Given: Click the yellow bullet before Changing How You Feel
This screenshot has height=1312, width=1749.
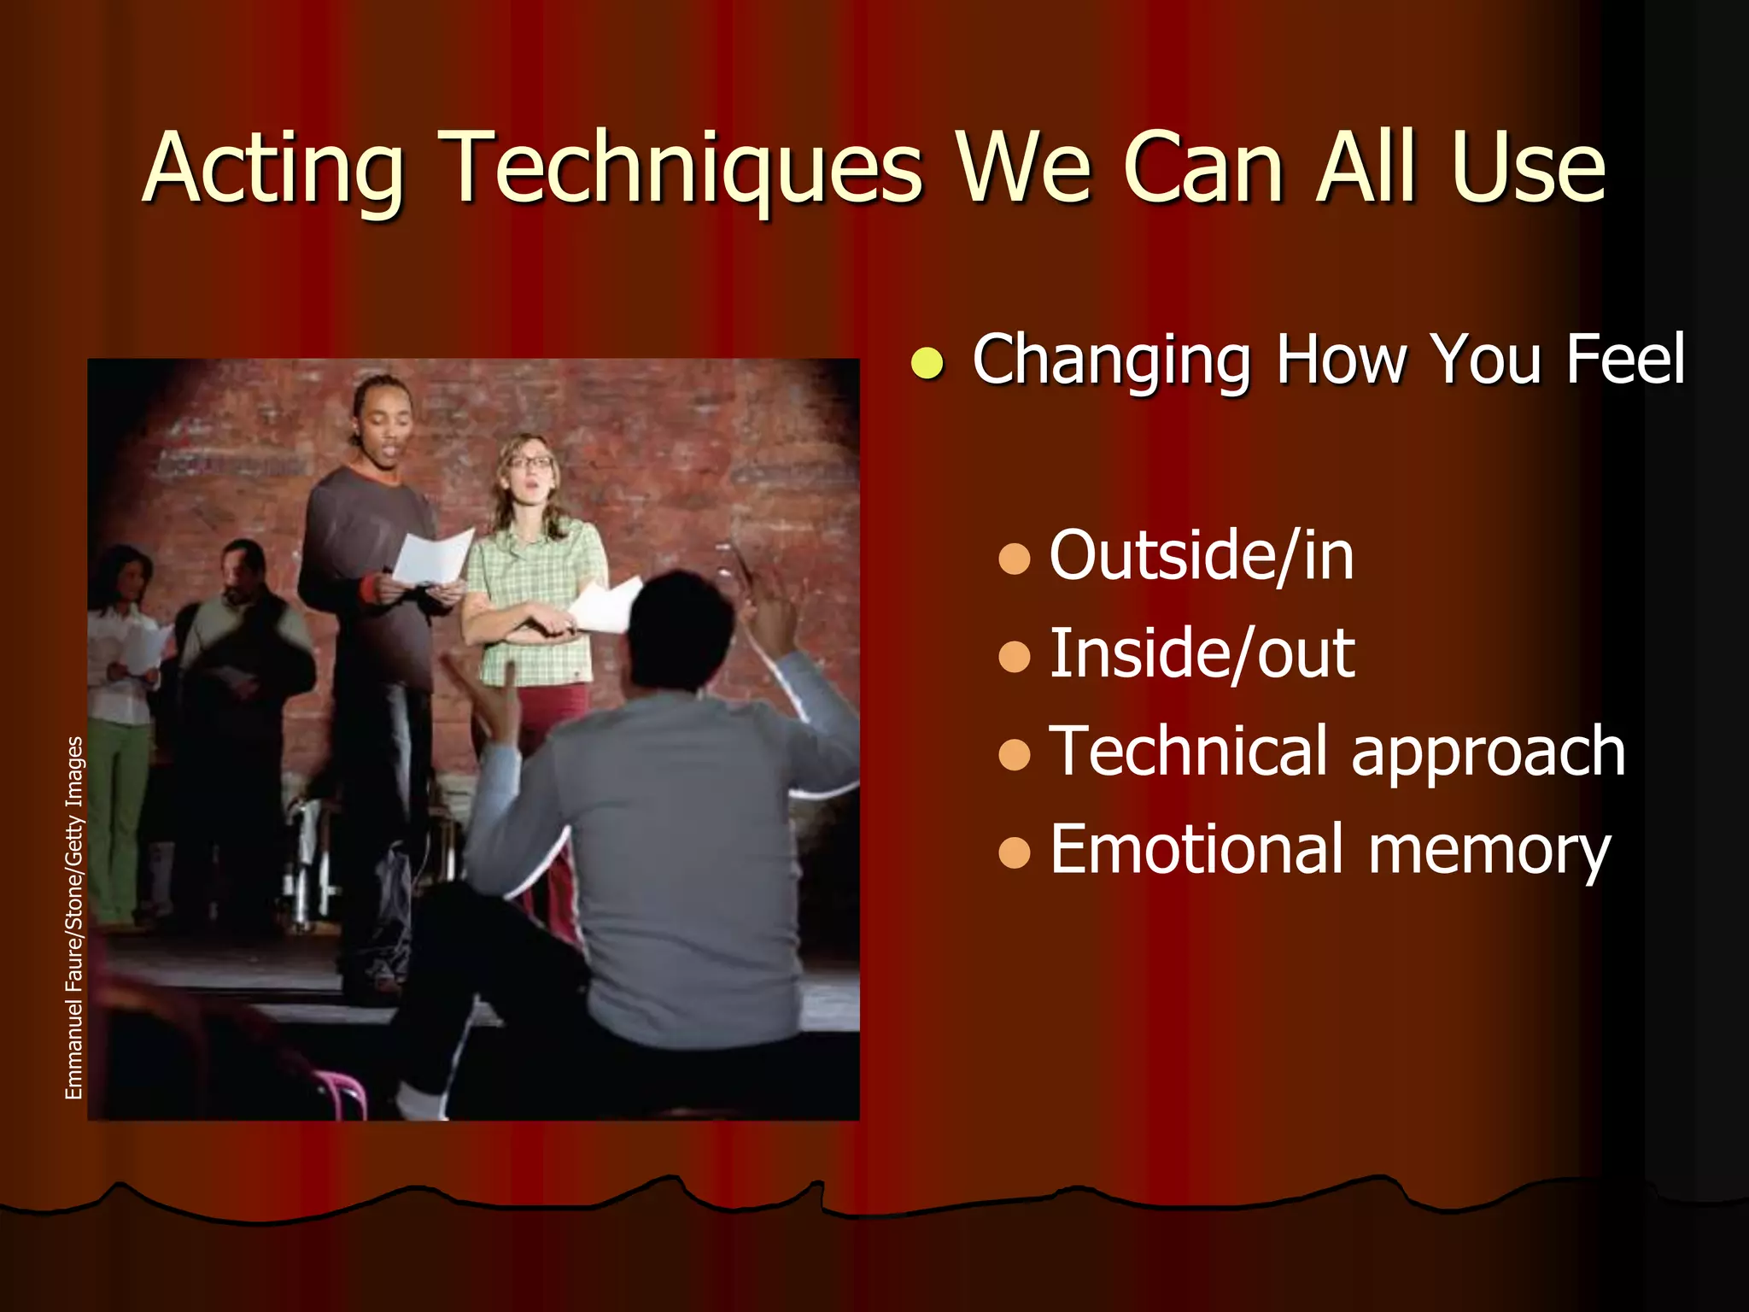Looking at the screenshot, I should coord(927,363).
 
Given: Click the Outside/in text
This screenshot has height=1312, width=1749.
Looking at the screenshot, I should coord(1201,556).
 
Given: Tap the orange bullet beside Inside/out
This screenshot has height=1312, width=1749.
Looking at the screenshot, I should coord(1014,657).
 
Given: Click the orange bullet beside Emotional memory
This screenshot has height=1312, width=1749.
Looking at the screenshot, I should coord(1014,852).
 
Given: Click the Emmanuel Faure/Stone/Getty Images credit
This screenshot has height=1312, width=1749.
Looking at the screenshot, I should coord(74,917).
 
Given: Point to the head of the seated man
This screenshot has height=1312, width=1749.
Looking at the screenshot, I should coord(679,628).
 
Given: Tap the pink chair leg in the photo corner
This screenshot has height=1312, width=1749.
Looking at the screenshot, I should coord(342,1093).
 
